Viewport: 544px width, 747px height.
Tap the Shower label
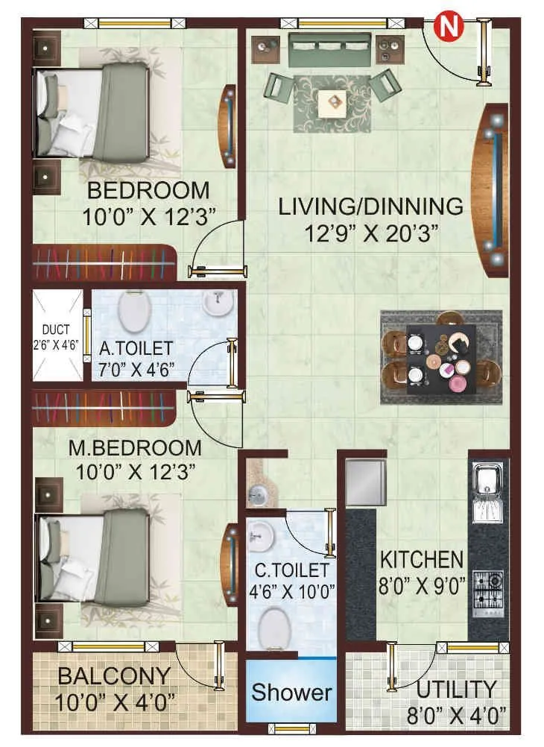coord(291,692)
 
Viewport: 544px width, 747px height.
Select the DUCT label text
coord(57,330)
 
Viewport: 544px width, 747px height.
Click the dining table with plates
coord(440,356)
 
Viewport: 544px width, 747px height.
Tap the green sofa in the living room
coord(331,46)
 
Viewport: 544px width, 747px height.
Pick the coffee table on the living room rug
coord(331,103)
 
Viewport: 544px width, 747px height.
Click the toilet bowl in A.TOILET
coord(133,313)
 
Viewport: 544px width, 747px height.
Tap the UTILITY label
coord(456,689)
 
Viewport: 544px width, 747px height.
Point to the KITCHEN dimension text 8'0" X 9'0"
coord(422,584)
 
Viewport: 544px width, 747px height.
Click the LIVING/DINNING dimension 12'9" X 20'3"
coord(370,232)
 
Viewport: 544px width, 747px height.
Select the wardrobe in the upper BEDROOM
coord(104,263)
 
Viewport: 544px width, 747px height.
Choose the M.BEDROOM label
coord(135,448)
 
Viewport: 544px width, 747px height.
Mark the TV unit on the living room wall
coord(493,190)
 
